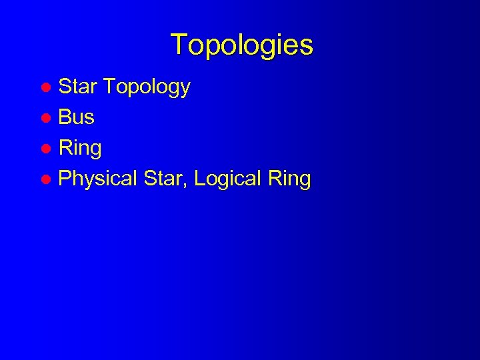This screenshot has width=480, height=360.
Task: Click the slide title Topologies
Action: click(x=241, y=45)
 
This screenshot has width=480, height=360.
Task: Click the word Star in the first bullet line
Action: click(x=79, y=87)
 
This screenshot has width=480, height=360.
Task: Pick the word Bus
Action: click(x=77, y=117)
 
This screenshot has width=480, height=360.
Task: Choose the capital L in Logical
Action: click(x=199, y=179)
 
